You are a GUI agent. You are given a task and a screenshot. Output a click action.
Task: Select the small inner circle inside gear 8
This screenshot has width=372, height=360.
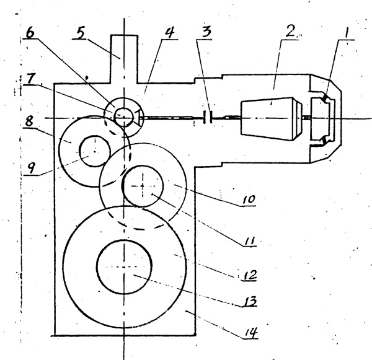[x=91, y=150]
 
